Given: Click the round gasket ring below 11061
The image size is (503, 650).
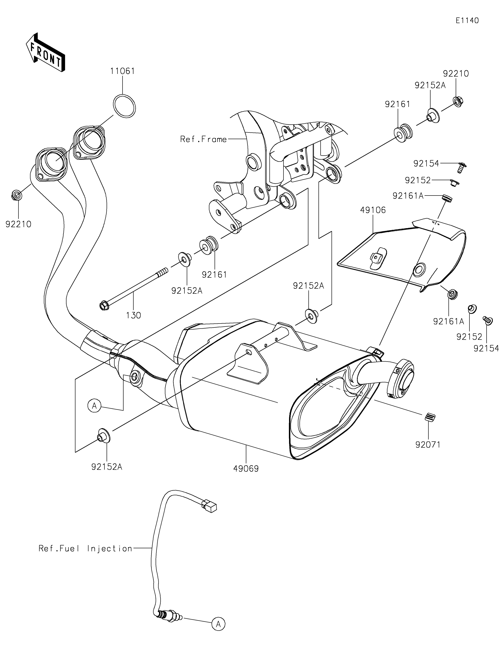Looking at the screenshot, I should (x=124, y=106).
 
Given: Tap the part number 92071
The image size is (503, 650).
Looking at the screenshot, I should (x=428, y=453).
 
